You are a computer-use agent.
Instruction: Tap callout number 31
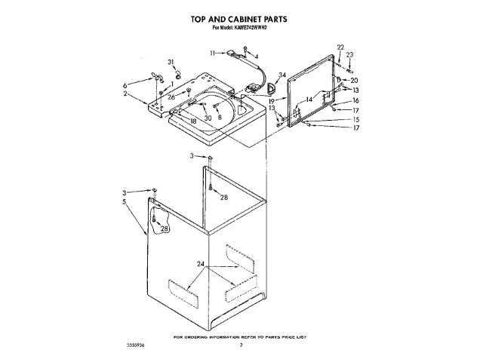(171, 61)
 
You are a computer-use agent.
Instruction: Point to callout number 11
(214, 52)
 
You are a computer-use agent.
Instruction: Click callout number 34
(282, 75)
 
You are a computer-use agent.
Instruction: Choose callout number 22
(340, 48)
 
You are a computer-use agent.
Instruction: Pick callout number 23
(349, 54)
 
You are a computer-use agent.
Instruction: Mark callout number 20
(355, 80)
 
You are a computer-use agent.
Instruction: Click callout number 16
(355, 100)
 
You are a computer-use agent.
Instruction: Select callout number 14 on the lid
(308, 99)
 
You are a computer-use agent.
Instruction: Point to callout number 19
(270, 100)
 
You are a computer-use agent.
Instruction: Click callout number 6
(126, 85)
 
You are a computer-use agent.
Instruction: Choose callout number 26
(171, 97)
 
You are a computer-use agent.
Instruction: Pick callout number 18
(193, 121)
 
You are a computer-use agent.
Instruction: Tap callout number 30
(208, 118)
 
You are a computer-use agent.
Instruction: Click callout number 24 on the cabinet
(200, 264)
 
